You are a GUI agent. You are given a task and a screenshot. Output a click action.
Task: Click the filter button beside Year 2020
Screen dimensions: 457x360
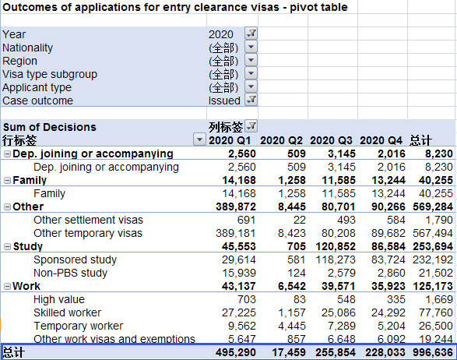[251, 34]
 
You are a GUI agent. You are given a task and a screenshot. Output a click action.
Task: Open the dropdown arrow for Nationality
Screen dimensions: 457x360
[251, 47]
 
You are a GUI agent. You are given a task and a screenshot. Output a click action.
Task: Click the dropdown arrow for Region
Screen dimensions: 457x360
[251, 60]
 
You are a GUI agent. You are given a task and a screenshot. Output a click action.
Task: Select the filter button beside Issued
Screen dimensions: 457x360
[251, 100]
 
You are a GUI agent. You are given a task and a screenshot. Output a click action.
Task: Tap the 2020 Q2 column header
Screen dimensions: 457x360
[281, 140]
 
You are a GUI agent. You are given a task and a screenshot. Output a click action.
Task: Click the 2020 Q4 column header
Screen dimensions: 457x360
[381, 140]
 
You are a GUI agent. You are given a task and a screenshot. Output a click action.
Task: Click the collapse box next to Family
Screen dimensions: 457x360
[7, 180]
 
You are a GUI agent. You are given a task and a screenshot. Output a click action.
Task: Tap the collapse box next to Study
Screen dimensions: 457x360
[7, 246]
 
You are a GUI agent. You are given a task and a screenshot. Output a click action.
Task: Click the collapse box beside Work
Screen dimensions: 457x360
[7, 286]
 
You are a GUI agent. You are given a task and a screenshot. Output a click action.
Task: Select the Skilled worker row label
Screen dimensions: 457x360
[67, 312]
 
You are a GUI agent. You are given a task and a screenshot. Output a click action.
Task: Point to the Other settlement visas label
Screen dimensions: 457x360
[88, 220]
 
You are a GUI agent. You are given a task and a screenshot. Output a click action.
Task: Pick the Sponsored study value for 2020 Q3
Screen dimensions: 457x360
[336, 259]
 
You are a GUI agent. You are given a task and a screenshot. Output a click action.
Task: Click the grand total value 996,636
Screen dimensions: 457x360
[433, 352]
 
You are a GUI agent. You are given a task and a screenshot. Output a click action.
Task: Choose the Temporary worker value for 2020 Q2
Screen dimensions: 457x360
[292, 326]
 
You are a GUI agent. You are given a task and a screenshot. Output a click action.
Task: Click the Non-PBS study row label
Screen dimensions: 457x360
[71, 273]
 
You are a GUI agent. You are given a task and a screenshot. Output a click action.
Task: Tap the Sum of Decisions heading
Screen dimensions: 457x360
[50, 127]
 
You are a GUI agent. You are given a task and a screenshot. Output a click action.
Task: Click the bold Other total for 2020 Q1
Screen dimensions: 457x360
[236, 206]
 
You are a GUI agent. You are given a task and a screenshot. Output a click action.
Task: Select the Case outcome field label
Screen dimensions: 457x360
[37, 101]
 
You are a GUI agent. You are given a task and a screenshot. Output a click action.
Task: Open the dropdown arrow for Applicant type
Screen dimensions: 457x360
[251, 86]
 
